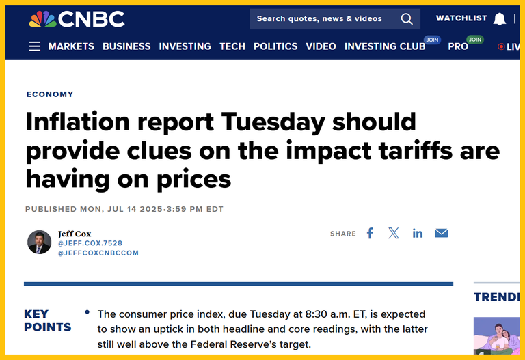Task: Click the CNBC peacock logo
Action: (x=42, y=19)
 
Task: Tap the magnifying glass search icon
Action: (x=407, y=19)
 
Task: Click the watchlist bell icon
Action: (x=499, y=19)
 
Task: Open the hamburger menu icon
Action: (x=34, y=46)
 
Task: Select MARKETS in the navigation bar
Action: (x=71, y=46)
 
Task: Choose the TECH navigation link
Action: (x=232, y=46)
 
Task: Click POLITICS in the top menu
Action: (x=275, y=46)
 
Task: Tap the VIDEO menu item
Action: (x=321, y=46)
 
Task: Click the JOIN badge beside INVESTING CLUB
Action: (x=432, y=40)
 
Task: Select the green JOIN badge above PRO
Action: (x=475, y=40)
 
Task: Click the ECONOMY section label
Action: (x=50, y=94)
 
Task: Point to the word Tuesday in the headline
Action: (x=273, y=122)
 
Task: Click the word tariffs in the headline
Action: (x=416, y=151)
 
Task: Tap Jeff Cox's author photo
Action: (x=39, y=242)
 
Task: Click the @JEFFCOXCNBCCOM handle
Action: (x=98, y=253)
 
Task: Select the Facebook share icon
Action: (x=370, y=233)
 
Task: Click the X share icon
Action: (x=394, y=233)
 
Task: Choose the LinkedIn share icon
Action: (x=418, y=233)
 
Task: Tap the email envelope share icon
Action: (x=442, y=233)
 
